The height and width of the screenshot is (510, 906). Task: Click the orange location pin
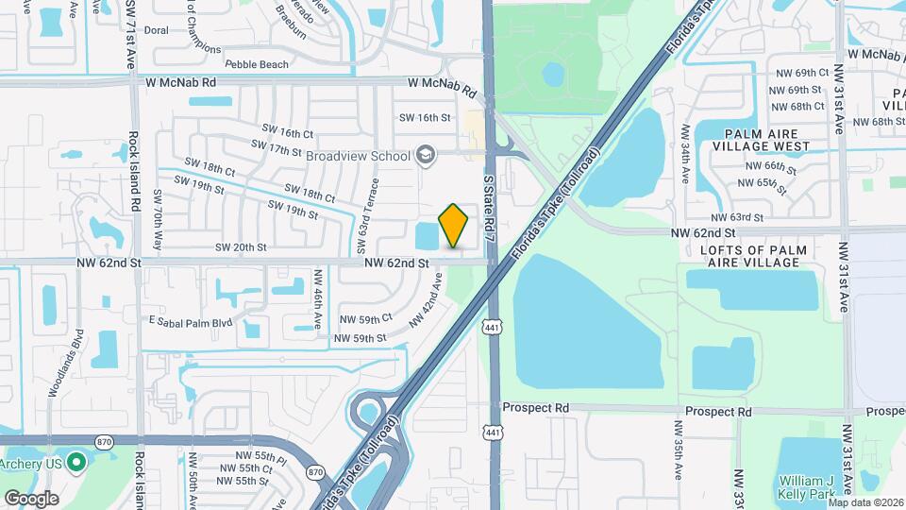pos(454,226)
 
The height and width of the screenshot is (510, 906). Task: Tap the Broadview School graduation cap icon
pos(426,155)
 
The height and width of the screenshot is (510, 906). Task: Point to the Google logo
pos(31,498)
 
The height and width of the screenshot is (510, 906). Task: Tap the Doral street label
pos(156,30)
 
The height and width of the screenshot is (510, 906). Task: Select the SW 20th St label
pos(241,246)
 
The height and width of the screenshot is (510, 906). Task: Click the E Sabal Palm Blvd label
pos(190,322)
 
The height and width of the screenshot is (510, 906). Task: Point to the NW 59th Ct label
pos(365,319)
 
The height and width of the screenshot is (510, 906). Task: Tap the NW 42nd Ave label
pos(426,299)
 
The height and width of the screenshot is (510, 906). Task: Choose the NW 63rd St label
pos(739,218)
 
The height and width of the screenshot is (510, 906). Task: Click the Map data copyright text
pos(865,501)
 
